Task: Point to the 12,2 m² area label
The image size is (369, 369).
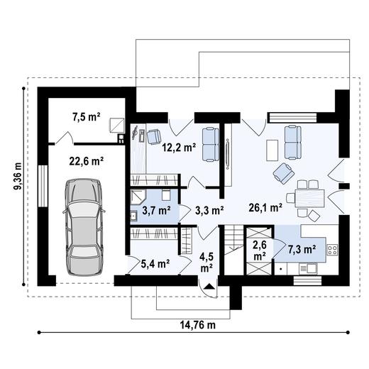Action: pos(179,148)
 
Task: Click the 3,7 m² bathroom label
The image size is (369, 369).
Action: pos(156,210)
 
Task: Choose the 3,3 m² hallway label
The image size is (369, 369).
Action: pos(209,210)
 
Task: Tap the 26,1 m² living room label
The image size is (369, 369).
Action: pos(265,209)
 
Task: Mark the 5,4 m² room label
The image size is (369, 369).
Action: pos(155,264)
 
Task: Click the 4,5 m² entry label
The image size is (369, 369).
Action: pos(206,263)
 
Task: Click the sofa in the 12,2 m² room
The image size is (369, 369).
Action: pos(209,142)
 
